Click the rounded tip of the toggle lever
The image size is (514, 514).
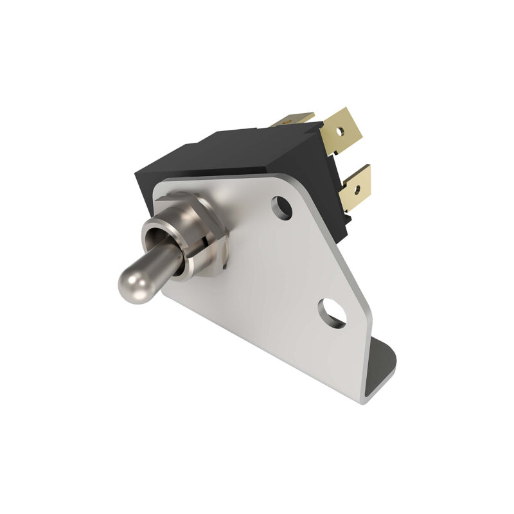coord(128,277)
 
